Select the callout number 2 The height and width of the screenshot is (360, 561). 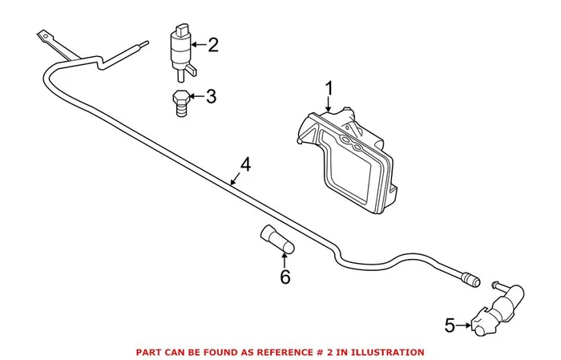[212, 44]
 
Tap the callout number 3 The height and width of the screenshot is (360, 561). [211, 98]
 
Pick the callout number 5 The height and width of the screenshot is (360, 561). [450, 325]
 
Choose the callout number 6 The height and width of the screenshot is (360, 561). [285, 277]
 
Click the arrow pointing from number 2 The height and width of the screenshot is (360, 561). [197, 44]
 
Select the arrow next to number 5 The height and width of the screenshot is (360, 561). [465, 325]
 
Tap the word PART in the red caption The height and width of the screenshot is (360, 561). [150, 352]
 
